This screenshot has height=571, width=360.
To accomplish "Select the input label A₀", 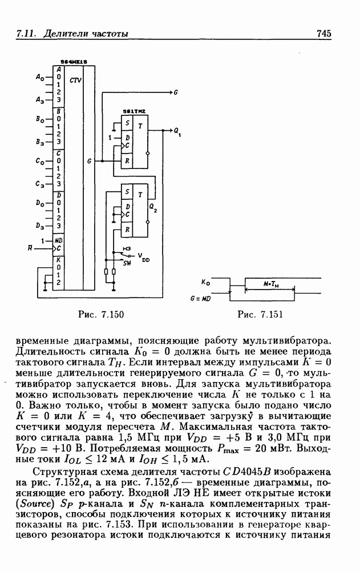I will click(40, 76).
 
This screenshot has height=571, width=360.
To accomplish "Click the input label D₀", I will click(40, 203).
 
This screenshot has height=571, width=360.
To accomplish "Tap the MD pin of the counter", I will click(59, 240).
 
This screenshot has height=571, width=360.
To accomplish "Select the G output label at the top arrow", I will click(176, 91).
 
